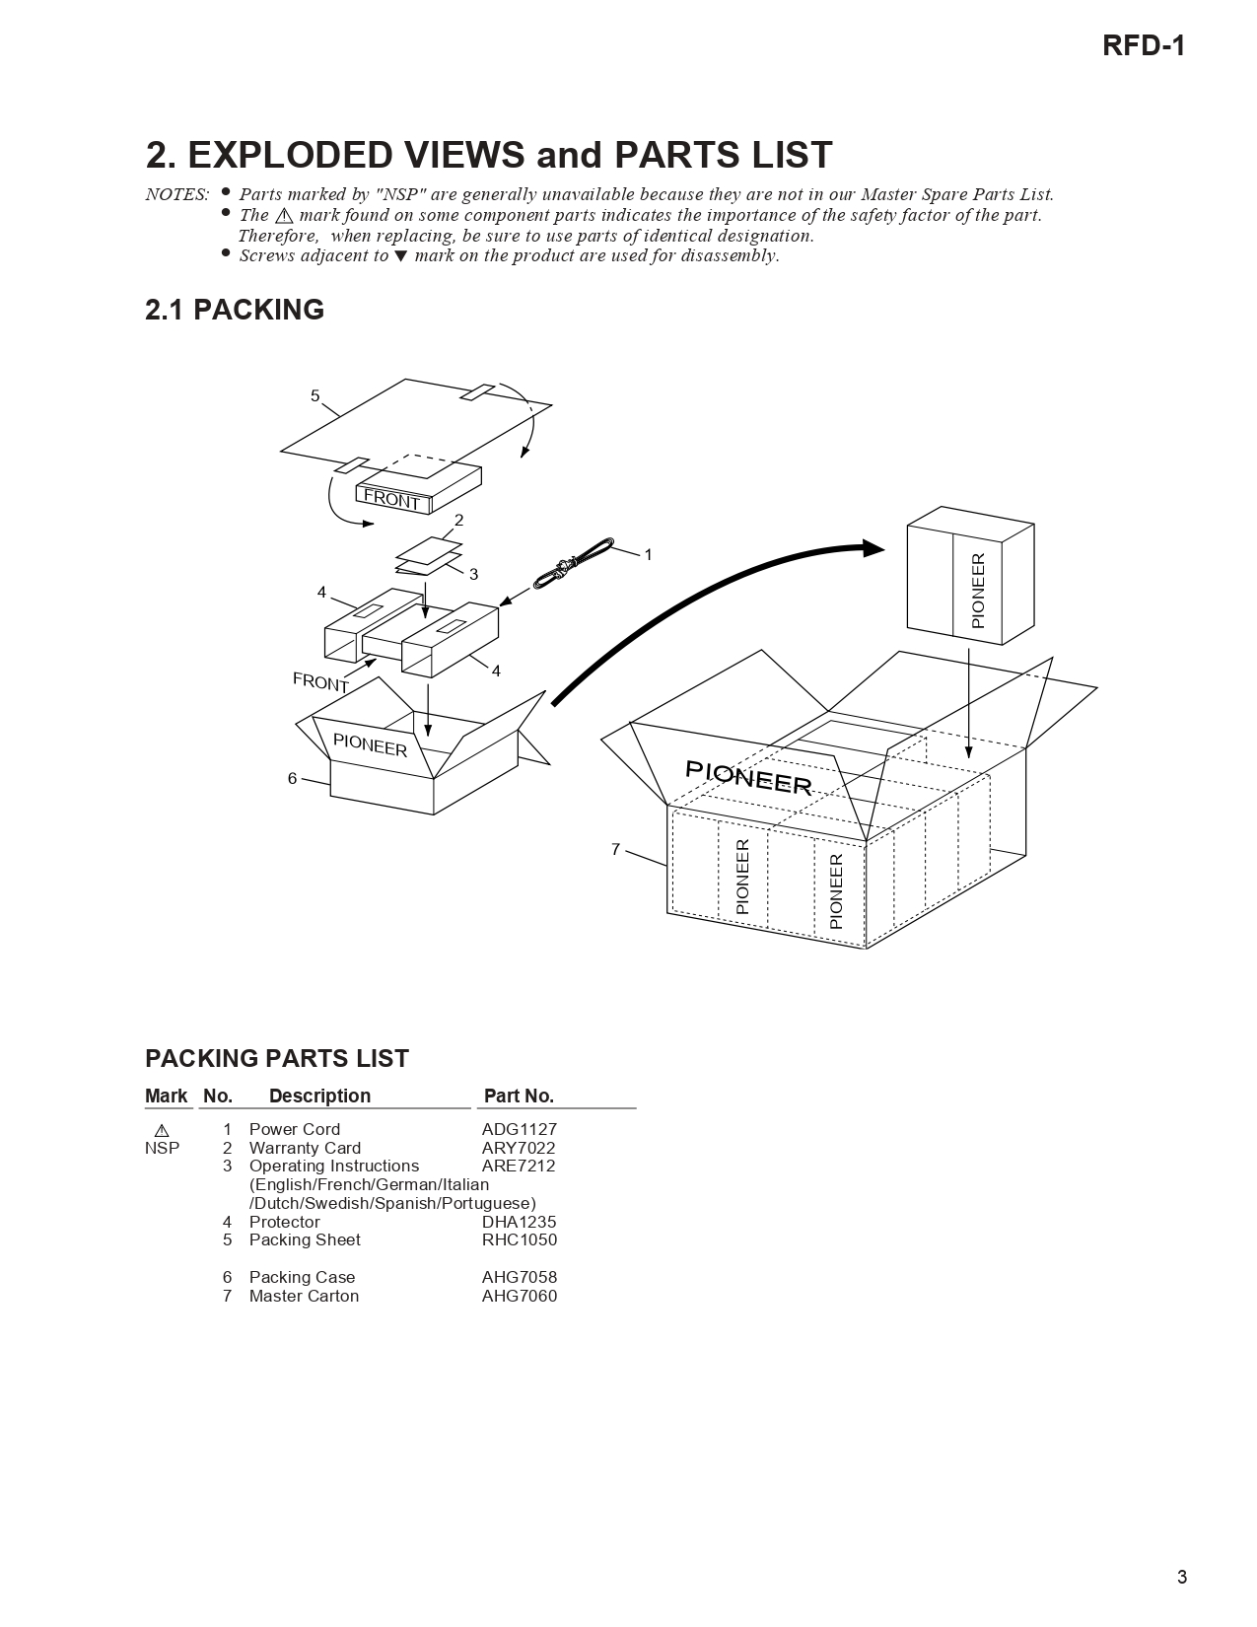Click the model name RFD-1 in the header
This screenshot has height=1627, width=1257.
(1143, 46)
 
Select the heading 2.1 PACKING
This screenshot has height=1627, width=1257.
(235, 310)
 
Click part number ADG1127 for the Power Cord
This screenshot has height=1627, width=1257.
(519, 1129)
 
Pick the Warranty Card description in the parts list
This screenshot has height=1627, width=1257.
(305, 1148)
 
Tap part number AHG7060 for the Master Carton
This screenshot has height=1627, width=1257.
(519, 1296)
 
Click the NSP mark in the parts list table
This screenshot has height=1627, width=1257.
(162, 1148)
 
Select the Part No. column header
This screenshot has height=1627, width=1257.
(519, 1096)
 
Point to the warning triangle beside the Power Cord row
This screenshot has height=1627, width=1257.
(162, 1130)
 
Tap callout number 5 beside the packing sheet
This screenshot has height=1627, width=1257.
(315, 396)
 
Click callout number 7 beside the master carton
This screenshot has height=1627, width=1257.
(615, 849)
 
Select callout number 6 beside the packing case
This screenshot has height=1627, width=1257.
(292, 778)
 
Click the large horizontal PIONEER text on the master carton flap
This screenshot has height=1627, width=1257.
(747, 779)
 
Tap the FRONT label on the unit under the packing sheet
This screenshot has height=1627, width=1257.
(391, 500)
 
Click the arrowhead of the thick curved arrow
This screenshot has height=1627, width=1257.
(872, 548)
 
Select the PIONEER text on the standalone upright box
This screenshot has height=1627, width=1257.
(978, 590)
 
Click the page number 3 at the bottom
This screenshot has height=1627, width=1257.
(1181, 1577)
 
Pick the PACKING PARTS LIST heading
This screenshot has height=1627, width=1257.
(276, 1058)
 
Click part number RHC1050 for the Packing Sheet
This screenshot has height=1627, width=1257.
(519, 1239)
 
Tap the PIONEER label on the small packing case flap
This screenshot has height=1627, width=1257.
(370, 745)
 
